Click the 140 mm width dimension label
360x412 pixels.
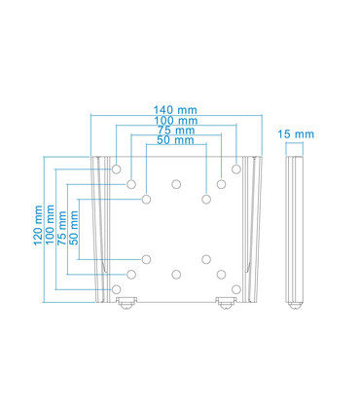coord(176,110)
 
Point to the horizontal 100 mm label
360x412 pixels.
coord(176,121)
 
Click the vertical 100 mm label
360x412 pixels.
coord(52,227)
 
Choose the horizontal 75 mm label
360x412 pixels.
coord(176,131)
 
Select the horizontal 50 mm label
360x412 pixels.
coord(176,141)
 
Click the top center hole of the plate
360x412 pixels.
coord(176,182)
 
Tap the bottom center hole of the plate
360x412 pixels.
coord(176,276)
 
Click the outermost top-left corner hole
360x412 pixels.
coord(117,168)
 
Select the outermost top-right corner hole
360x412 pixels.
coord(236,168)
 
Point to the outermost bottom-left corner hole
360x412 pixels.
coord(117,289)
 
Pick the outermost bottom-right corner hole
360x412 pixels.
coord(236,289)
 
